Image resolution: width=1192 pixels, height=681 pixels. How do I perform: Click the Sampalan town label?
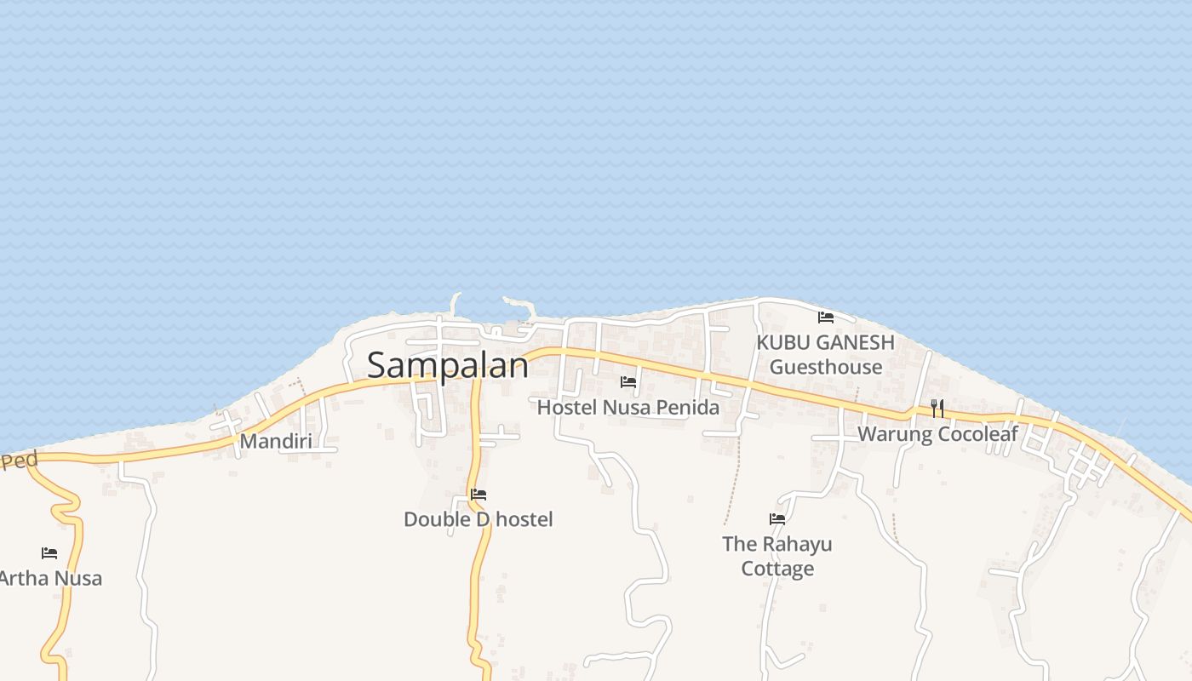pyautogui.click(x=447, y=365)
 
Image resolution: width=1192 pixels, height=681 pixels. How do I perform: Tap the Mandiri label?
pyautogui.click(x=275, y=441)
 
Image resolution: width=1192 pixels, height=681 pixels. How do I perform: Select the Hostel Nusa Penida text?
pyautogui.click(x=628, y=408)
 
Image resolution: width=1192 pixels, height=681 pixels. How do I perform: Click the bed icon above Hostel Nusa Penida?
pyautogui.click(x=628, y=382)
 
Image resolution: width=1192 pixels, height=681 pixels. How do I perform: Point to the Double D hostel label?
pyautogui.click(x=478, y=519)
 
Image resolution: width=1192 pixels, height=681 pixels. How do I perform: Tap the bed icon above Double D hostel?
pyautogui.click(x=479, y=494)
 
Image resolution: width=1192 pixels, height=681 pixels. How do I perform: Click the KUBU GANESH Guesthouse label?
pyautogui.click(x=825, y=354)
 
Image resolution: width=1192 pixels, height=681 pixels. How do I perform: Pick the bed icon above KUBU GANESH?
pyautogui.click(x=825, y=318)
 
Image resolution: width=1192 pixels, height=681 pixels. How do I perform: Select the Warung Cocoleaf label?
pyautogui.click(x=937, y=434)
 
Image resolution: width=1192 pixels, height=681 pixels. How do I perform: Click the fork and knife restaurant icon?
pyautogui.click(x=937, y=409)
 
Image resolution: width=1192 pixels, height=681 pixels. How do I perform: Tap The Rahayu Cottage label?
pyautogui.click(x=777, y=556)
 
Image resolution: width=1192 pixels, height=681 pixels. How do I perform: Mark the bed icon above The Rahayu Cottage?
pyautogui.click(x=777, y=518)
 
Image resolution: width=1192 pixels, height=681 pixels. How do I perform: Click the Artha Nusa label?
pyautogui.click(x=50, y=579)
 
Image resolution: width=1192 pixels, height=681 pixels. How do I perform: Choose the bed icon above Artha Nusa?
pyautogui.click(x=49, y=553)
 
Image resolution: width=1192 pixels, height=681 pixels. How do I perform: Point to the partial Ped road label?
pyautogui.click(x=20, y=461)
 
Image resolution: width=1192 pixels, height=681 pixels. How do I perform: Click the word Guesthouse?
pyautogui.click(x=825, y=367)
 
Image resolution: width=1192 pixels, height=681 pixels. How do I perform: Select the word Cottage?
pyautogui.click(x=777, y=569)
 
